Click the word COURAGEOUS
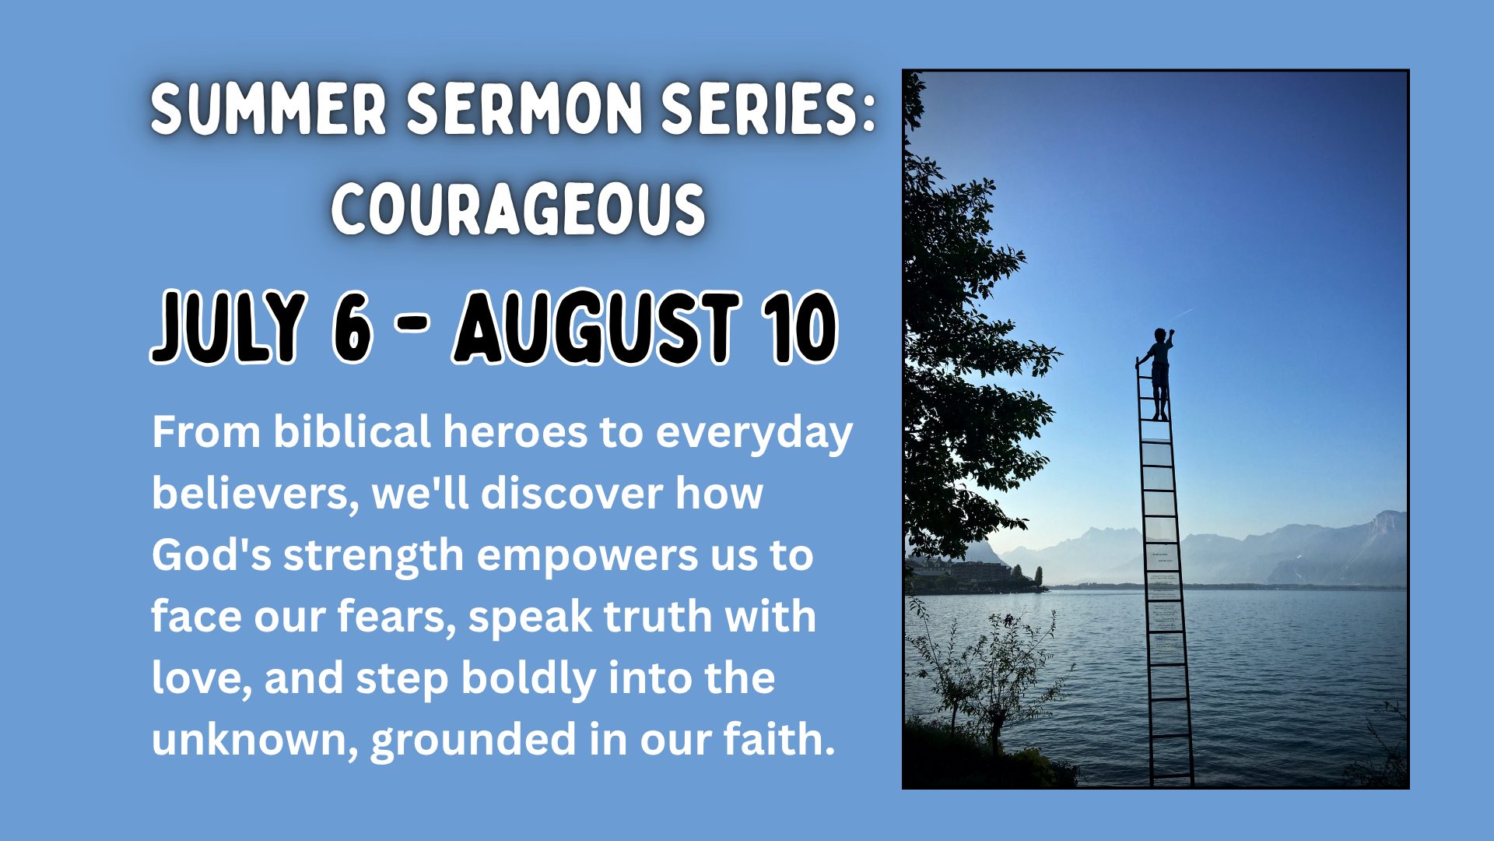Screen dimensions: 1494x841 pyautogui.click(x=518, y=209)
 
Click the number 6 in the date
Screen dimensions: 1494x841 pyautogui.click(x=352, y=327)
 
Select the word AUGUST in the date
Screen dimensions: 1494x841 pyautogui.click(x=597, y=327)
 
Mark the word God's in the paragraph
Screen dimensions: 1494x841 pyautogui.click(x=211, y=555)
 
